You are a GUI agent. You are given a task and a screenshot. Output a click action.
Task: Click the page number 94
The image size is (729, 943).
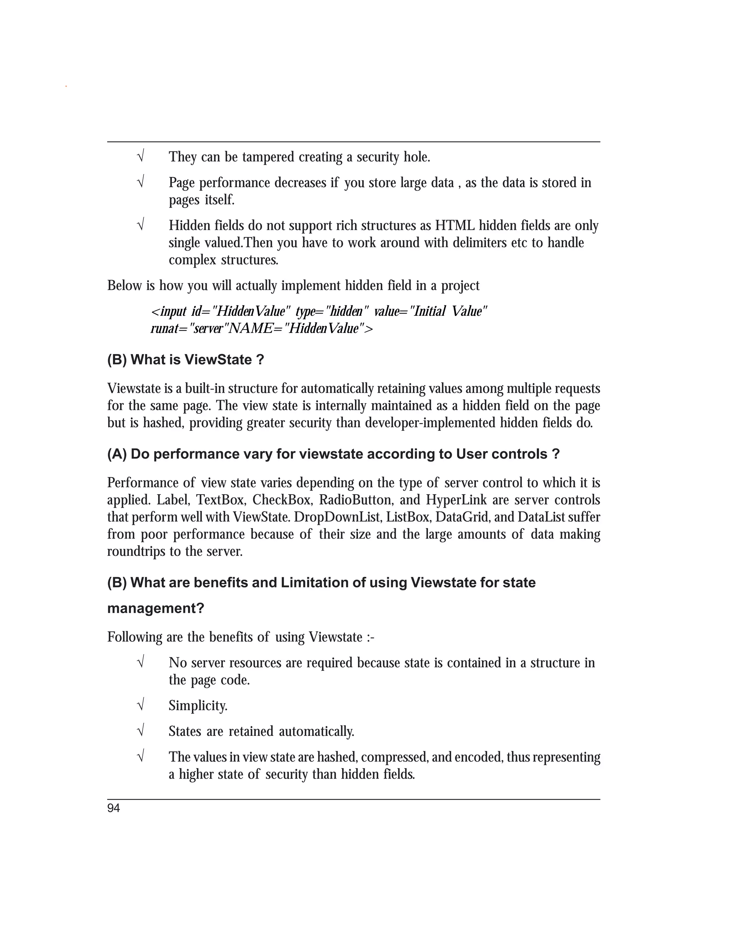114,808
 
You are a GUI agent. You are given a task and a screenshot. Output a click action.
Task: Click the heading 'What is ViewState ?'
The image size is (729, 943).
197,360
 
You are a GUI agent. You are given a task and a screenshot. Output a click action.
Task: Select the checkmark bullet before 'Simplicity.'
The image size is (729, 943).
140,706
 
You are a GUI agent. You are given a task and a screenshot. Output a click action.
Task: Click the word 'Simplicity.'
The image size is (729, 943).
198,706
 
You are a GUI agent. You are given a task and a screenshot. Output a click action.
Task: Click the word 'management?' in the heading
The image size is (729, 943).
156,609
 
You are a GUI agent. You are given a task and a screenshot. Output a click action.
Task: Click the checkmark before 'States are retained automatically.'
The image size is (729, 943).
140,731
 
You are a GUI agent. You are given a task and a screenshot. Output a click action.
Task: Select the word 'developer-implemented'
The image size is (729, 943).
431,423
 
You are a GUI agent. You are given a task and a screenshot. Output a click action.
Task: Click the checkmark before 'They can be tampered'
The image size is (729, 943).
140,156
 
